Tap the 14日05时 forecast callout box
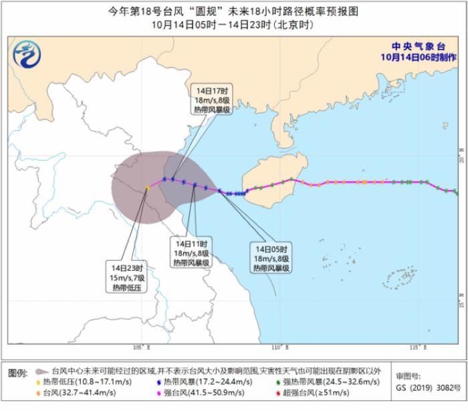coord(271,258)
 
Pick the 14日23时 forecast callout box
coord(128,277)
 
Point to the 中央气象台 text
coord(419,46)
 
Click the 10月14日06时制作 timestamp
coord(419,57)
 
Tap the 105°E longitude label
coord(141,348)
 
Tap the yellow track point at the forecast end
coord(147,188)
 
